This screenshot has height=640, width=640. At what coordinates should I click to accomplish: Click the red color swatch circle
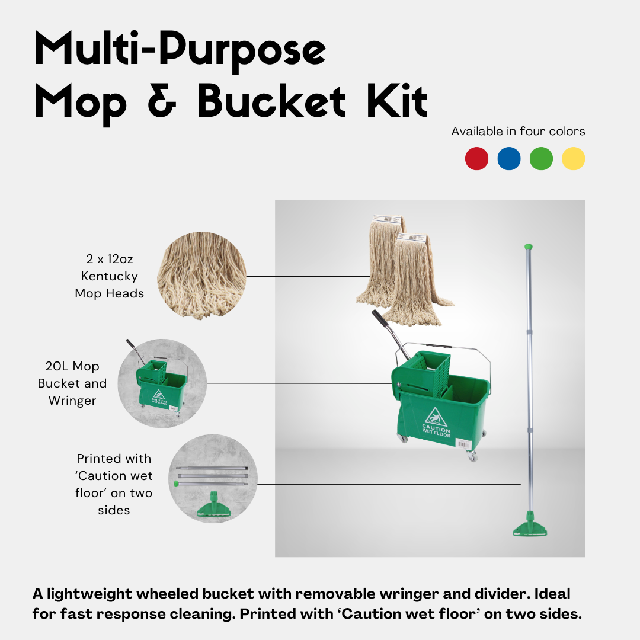tap(477, 159)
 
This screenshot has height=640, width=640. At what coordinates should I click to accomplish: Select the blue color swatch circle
tap(509, 159)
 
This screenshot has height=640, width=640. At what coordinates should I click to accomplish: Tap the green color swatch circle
tap(541, 159)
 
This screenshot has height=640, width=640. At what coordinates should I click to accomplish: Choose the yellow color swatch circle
tap(573, 159)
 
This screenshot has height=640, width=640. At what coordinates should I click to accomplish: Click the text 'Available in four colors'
tap(518, 131)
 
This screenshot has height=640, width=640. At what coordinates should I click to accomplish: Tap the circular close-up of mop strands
tap(201, 276)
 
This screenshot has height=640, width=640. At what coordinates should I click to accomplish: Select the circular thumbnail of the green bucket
tap(162, 383)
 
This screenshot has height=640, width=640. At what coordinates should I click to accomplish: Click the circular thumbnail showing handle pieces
tap(213, 479)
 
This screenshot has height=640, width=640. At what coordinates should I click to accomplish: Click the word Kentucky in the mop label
tap(110, 276)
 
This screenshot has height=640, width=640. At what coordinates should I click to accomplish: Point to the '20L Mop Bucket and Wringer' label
tap(72, 383)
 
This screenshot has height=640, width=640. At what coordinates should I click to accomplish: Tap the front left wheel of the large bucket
tap(402, 439)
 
